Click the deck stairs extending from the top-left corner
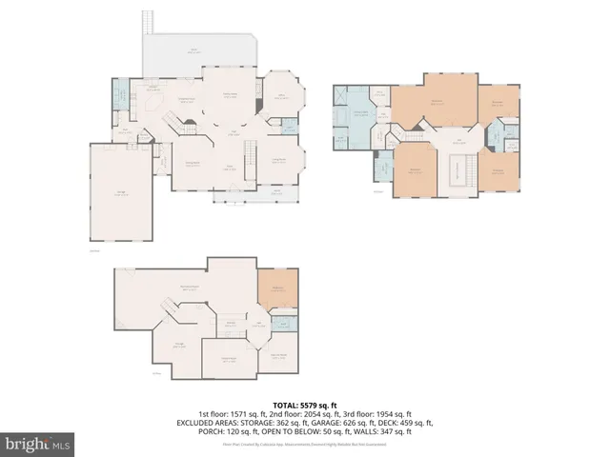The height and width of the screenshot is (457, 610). (x=147, y=21)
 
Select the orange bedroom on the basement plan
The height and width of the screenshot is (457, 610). (x=277, y=288)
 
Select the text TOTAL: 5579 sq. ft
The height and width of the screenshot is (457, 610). (x=305, y=406)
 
